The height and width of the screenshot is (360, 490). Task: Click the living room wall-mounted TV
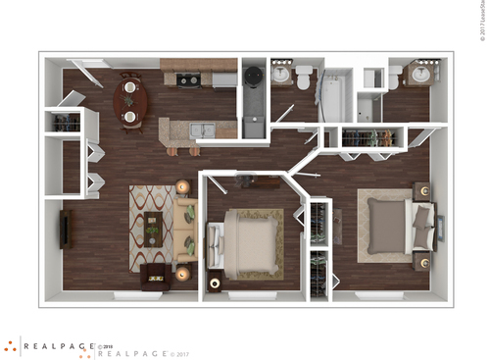[66, 229]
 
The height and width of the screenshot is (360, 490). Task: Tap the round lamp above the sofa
[182, 185]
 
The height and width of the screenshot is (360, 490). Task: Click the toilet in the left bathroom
[304, 77]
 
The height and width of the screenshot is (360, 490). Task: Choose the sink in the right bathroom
[424, 75]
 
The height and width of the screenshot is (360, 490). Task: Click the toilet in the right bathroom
[394, 77]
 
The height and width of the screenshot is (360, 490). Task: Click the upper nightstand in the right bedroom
[421, 190]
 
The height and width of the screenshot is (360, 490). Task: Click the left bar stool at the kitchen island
[173, 149]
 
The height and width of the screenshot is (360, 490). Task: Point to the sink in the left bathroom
[281, 75]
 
